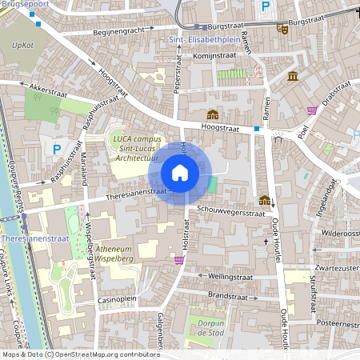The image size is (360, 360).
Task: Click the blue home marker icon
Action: click(x=180, y=172)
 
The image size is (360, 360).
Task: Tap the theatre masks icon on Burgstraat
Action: click(x=282, y=28)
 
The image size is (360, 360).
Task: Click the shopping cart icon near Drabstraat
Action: click(x=311, y=110)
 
